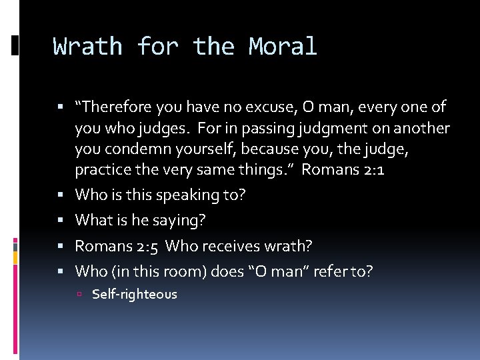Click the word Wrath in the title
tap(88, 47)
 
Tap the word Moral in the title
tap(283, 47)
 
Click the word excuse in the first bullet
tap(255, 107)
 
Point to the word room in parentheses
tap(189, 271)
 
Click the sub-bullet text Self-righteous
tap(135, 294)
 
